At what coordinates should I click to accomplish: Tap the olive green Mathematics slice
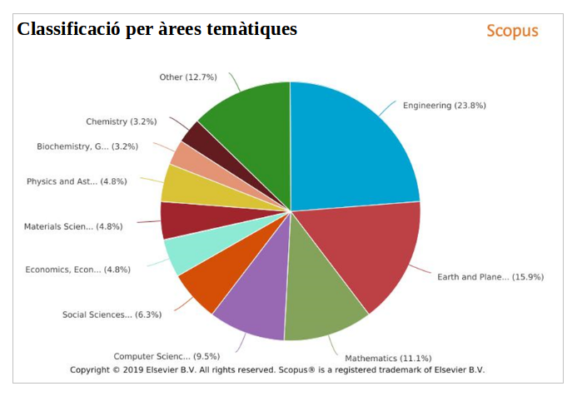click(321, 295)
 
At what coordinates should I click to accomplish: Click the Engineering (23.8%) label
click(444, 106)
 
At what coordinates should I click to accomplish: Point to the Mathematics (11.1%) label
click(388, 358)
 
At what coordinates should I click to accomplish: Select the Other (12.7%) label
click(187, 77)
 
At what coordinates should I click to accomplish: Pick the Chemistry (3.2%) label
click(121, 121)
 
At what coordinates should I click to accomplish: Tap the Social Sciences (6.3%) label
click(112, 314)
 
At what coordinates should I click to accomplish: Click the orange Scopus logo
click(512, 32)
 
